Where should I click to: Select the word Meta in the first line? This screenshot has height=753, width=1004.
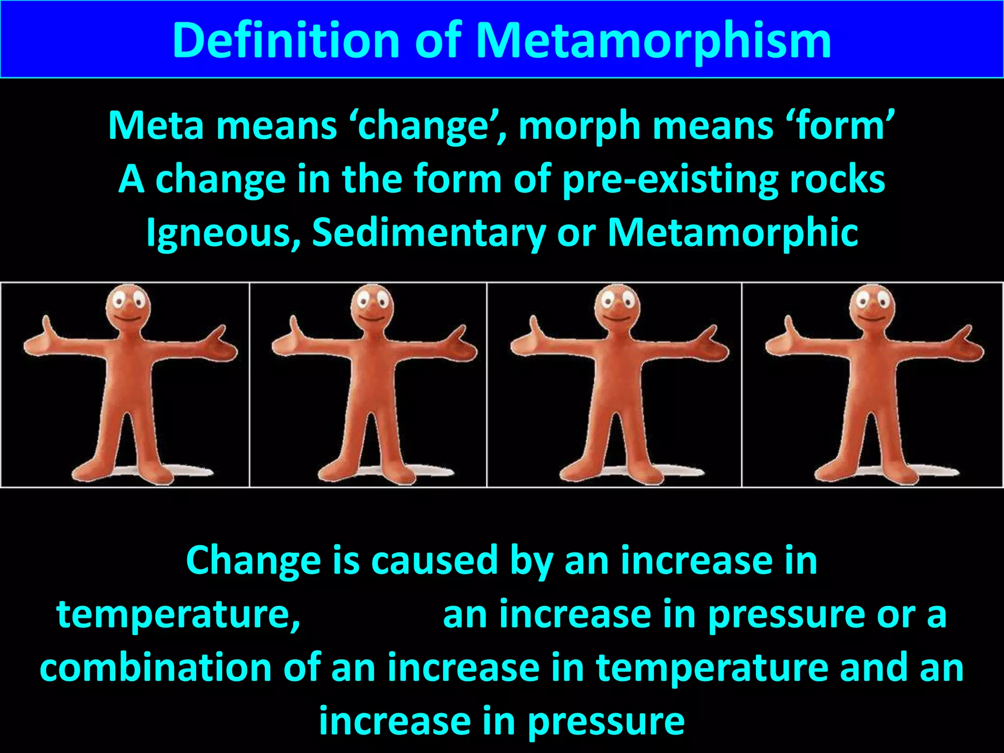[155, 125]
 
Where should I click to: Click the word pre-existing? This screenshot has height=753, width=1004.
[670, 180]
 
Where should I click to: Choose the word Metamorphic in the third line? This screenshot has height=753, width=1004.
[733, 232]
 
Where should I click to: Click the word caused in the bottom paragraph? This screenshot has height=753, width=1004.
[434, 560]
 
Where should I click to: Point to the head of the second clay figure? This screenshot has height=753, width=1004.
[372, 306]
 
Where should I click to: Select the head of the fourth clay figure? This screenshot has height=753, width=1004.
[872, 306]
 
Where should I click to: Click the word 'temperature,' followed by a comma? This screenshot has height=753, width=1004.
[178, 614]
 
